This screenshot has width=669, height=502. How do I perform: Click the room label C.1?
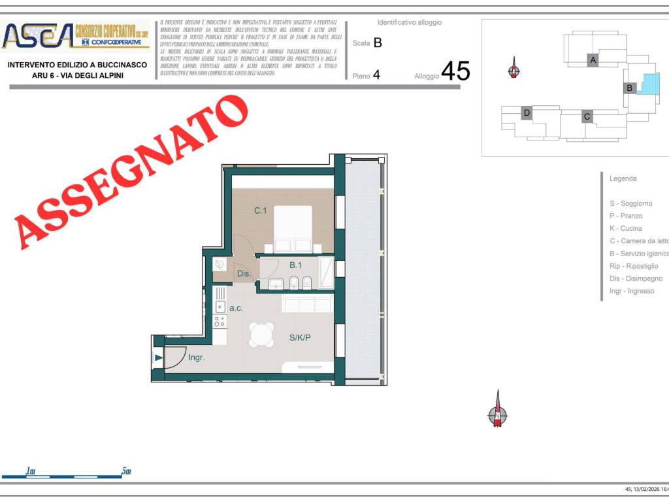[x=261, y=210]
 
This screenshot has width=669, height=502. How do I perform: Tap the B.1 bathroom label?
[x=295, y=265]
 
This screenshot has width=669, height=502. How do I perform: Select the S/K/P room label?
[x=301, y=338]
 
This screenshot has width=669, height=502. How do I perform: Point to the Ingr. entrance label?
[x=197, y=358]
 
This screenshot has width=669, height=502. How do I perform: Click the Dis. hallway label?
[x=244, y=274]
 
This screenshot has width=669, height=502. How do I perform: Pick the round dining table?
[x=261, y=335]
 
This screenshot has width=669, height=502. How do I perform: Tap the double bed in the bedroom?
[x=292, y=229]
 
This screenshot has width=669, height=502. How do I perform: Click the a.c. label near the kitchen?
[x=236, y=307]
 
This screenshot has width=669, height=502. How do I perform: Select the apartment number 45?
[x=455, y=71]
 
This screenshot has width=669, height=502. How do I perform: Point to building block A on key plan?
[x=593, y=60]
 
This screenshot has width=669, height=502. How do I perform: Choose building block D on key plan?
[x=527, y=113]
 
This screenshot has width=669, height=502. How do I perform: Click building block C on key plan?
[x=587, y=116]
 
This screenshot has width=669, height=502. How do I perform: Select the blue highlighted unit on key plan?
[x=648, y=84]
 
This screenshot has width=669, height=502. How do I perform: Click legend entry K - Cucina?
[x=626, y=229]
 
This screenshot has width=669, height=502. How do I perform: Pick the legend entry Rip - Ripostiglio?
[x=634, y=266]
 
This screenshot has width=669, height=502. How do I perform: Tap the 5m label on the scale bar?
[x=126, y=471]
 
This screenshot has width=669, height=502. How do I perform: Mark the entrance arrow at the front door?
[x=158, y=357]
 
